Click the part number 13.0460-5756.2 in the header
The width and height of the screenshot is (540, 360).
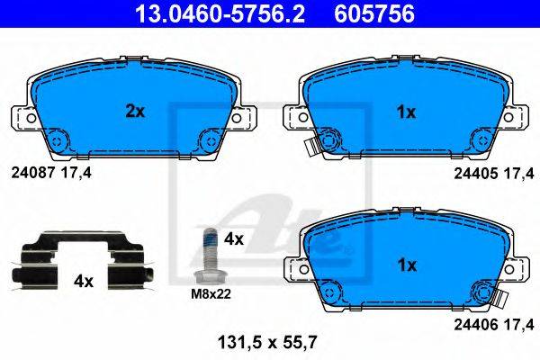tap(220, 14)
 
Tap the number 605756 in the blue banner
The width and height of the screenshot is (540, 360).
tap(374, 14)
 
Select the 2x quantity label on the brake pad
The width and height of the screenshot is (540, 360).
tap(135, 112)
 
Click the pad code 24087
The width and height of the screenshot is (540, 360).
tap(33, 173)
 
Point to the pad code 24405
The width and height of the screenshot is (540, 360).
tap(476, 174)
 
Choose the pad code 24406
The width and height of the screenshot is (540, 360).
tap(476, 324)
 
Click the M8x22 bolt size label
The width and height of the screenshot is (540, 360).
tap(211, 294)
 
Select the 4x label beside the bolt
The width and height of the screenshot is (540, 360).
tap(233, 238)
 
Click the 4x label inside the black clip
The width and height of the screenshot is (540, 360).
tap(84, 282)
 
